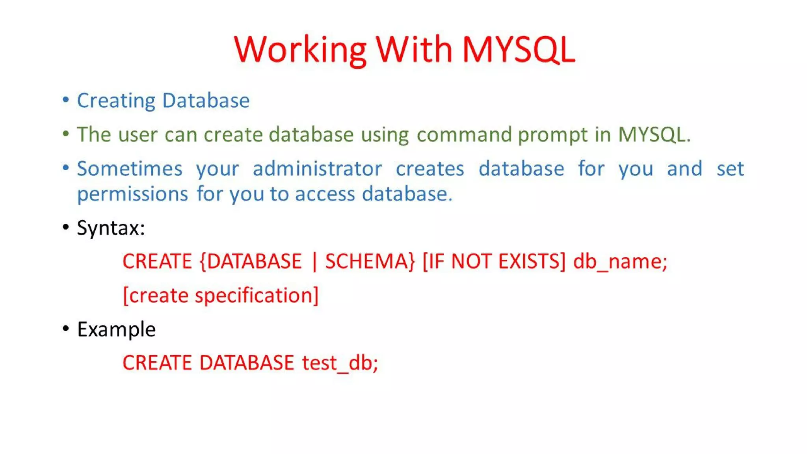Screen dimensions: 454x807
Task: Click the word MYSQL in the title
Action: coord(518,49)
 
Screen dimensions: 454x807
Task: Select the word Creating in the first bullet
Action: coord(116,100)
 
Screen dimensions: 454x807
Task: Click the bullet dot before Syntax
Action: coord(66,227)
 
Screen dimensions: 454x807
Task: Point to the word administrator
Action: coord(317,169)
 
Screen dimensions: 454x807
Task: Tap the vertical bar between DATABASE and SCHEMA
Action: coord(314,261)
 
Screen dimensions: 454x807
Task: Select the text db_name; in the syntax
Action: coord(620,261)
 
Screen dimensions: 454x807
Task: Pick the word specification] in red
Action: coord(257,295)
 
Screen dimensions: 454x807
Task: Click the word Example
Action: coord(116,329)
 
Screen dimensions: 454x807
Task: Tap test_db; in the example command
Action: coord(340,363)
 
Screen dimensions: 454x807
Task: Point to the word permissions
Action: coord(132,194)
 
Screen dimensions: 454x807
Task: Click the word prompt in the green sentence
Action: coord(552,135)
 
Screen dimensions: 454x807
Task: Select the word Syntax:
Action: coord(111,228)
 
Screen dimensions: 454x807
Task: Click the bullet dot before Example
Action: coord(66,329)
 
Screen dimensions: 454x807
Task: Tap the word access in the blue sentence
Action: coord(325,194)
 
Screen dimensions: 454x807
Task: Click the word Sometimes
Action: coord(130,169)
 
